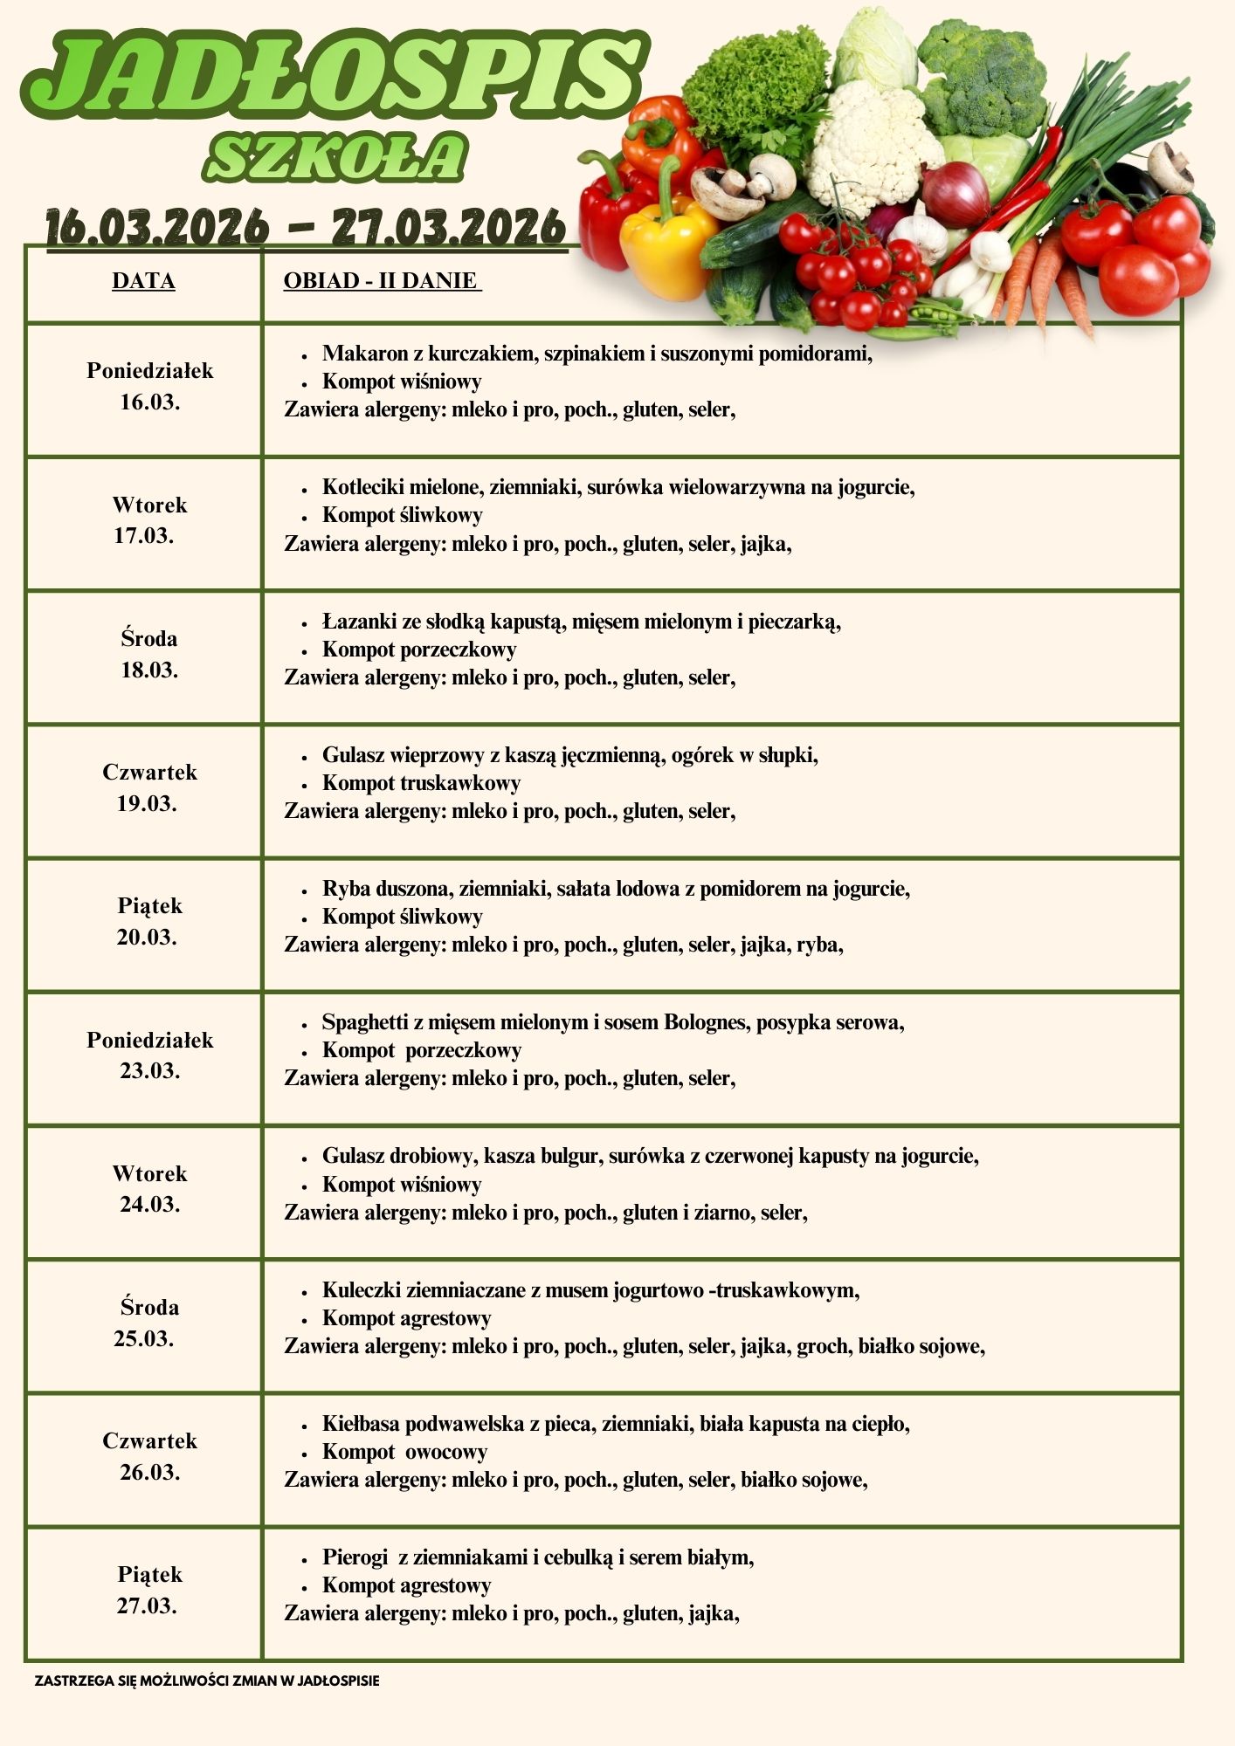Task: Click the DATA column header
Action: [x=143, y=281]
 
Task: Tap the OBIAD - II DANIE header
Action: [x=381, y=281]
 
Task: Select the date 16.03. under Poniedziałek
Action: [x=149, y=402]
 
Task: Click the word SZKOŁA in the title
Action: [x=335, y=158]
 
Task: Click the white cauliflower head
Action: [x=865, y=148]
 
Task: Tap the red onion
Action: [x=956, y=194]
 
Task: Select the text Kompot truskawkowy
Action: [x=421, y=783]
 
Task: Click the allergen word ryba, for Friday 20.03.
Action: [x=818, y=945]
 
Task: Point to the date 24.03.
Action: [x=149, y=1205]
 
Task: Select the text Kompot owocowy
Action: [x=404, y=1452]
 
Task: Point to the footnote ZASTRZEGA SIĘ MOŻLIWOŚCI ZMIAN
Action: [x=207, y=1681]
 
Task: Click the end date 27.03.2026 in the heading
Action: [x=448, y=227]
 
